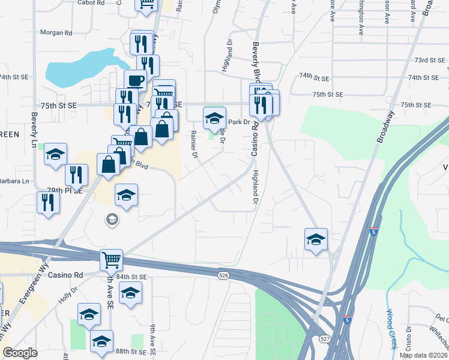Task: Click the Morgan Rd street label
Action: tap(56, 32)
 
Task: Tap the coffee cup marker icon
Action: tap(135, 79)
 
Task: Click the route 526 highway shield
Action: tap(223, 275)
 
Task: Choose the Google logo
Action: tap(20, 353)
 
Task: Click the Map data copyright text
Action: tap(422, 355)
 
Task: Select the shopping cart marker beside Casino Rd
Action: tap(111, 260)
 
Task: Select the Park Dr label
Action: tap(238, 122)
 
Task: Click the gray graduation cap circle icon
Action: tap(112, 220)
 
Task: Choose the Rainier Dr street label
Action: tap(194, 145)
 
